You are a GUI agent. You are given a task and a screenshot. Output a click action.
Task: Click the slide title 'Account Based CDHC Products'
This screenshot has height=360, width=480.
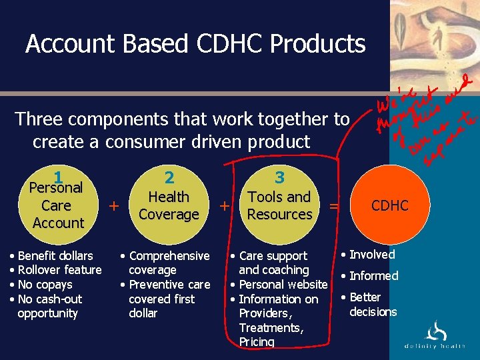(195, 44)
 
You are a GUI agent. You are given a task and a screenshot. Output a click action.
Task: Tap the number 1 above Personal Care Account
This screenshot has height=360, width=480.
(59, 177)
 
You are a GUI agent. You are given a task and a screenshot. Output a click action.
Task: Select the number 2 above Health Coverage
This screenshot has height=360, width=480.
(169, 177)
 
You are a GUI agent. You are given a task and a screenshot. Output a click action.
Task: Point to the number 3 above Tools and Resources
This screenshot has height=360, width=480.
(280, 177)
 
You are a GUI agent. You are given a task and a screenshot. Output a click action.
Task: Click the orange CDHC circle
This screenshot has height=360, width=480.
(389, 205)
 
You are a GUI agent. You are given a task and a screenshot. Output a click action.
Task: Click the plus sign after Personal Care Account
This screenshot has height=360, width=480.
(113, 206)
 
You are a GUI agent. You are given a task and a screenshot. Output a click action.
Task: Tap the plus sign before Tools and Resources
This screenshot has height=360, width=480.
(225, 206)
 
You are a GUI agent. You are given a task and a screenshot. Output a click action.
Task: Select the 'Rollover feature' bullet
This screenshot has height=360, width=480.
(59, 270)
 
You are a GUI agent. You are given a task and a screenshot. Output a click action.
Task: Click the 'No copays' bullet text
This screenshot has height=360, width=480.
(45, 285)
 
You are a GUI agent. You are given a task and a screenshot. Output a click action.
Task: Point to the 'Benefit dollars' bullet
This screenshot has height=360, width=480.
(55, 255)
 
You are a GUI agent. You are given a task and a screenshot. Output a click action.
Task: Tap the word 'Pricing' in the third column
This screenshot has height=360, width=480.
(257, 342)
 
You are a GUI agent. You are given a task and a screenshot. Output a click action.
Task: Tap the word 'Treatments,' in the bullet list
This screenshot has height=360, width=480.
(271, 327)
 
